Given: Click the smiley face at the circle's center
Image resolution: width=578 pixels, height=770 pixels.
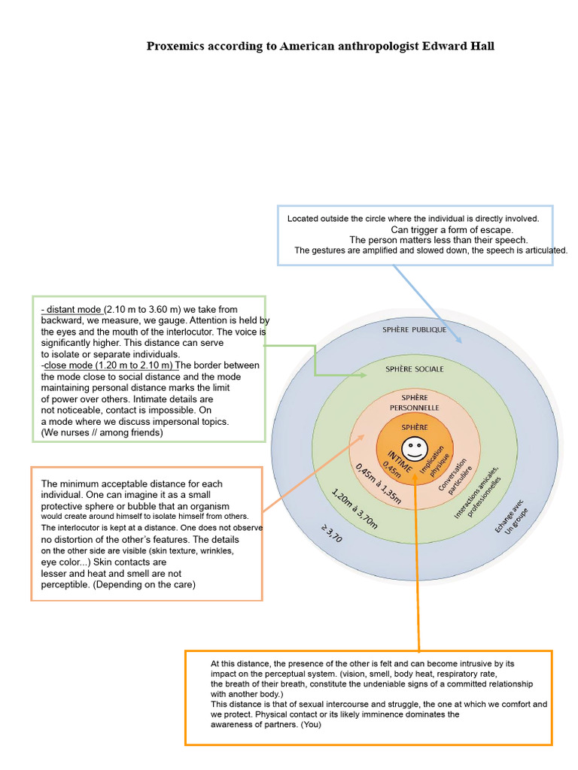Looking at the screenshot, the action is point(415,449).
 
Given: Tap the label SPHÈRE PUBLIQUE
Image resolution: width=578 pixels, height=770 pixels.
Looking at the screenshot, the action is point(415,329).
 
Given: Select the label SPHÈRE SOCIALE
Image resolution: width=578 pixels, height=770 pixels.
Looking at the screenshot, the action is point(415,368).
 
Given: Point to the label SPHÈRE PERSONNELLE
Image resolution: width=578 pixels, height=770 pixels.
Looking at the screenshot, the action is point(415,403).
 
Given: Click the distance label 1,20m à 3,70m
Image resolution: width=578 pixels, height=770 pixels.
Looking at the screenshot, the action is point(354,509).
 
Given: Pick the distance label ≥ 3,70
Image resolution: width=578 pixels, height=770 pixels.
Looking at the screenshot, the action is point(331,533).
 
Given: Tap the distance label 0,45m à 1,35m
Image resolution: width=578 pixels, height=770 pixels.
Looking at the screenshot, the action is point(379,484).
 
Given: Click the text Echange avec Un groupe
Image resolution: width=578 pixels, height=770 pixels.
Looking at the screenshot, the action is point(512,517).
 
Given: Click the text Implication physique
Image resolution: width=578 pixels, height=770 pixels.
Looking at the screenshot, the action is point(434,461).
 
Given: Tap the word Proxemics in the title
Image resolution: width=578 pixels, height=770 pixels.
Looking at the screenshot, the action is point(175,46).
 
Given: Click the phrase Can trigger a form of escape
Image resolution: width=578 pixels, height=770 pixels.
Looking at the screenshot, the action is point(452,229).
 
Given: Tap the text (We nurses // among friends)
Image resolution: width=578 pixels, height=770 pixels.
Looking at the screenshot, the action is point(102,432).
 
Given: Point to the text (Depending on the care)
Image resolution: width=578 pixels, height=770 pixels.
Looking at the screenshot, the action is point(144,584).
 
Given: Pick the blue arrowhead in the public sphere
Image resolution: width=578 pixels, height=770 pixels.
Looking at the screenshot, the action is point(458,339).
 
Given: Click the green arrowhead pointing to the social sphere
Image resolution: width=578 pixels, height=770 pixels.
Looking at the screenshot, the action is point(363,375).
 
